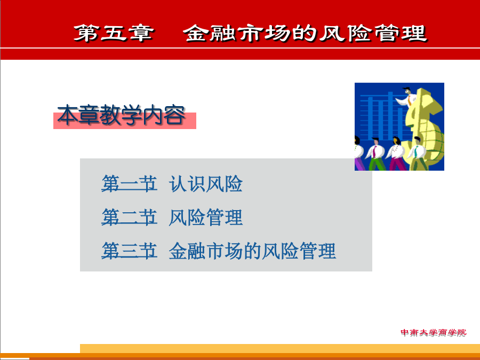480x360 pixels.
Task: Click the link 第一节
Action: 129,183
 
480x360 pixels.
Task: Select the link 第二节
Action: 129,218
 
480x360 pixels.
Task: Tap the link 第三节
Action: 129,251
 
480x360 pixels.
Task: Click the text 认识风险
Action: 206,183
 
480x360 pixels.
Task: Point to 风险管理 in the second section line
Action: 206,218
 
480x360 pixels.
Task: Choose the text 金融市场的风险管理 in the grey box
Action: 252,251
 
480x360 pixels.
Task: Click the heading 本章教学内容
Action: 121,115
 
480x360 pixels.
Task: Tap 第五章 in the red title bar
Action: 114,33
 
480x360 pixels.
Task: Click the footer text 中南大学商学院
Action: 434,332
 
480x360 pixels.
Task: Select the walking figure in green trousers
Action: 376,154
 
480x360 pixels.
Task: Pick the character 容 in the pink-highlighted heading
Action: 174,115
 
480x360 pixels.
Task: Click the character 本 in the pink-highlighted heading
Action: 67,115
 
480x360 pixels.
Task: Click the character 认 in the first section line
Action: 178,183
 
